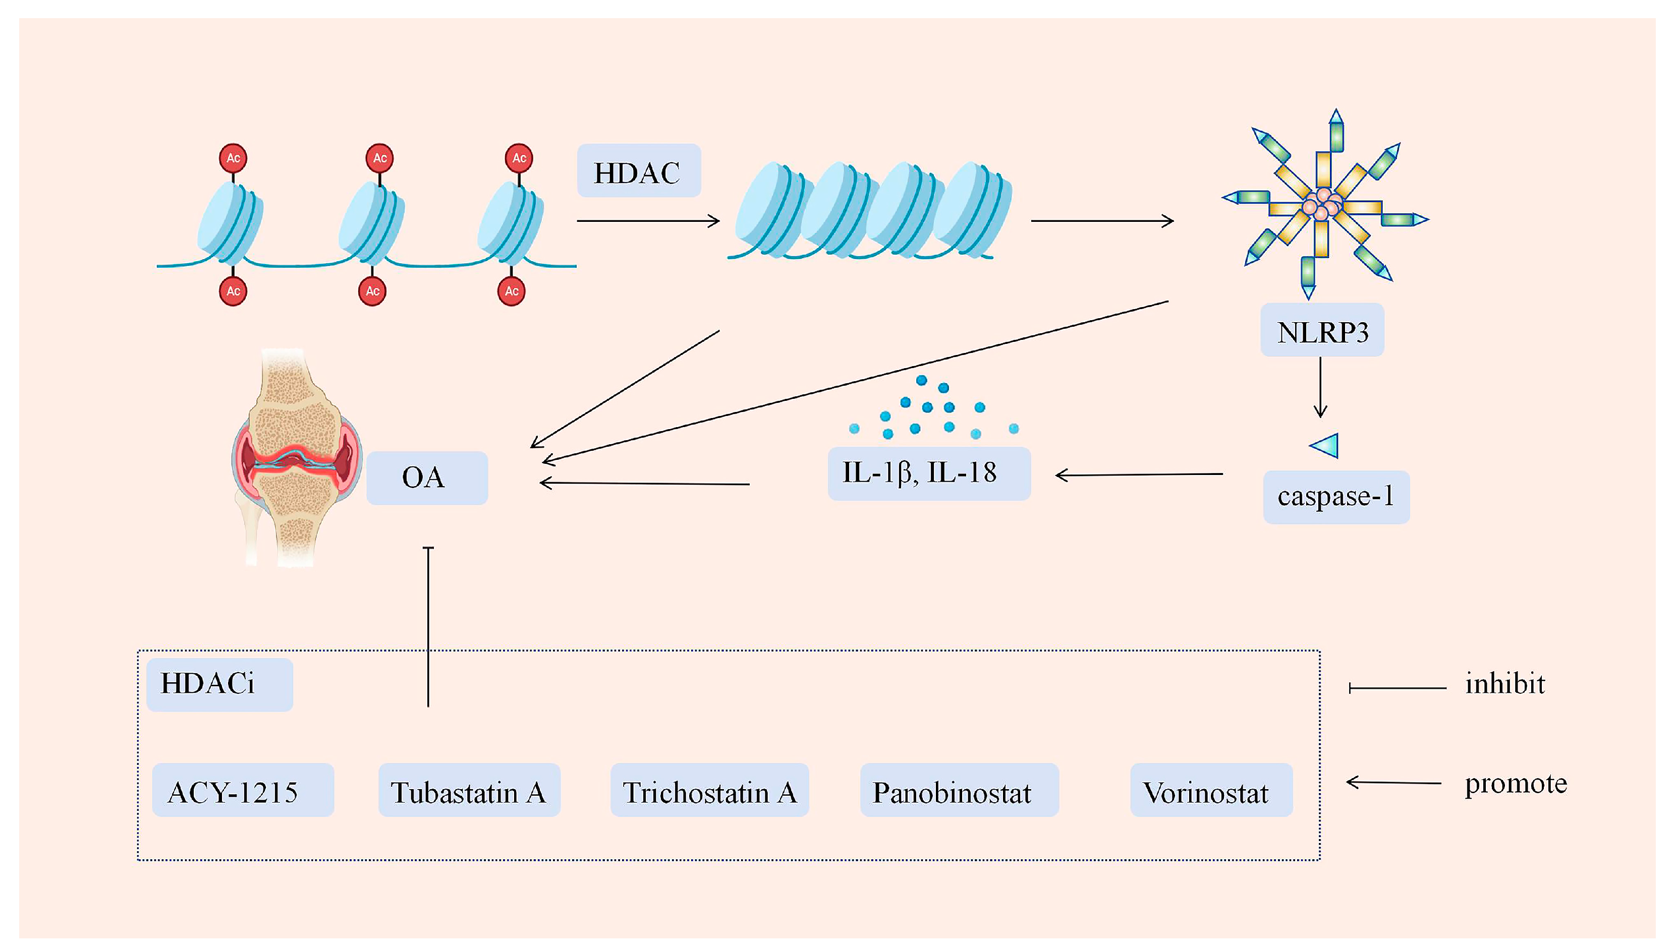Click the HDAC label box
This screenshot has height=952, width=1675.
(x=638, y=170)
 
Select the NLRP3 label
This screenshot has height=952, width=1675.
(x=1322, y=330)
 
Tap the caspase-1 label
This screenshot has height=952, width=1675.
(x=1335, y=497)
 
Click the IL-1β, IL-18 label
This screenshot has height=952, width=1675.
(x=929, y=473)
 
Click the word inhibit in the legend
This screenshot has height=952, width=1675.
(x=1504, y=684)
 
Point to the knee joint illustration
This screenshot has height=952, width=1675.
(x=296, y=458)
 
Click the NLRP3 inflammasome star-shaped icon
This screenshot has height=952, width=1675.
(x=1324, y=204)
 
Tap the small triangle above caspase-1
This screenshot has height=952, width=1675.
(x=1325, y=446)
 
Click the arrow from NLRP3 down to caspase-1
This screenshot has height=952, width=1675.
(x=1320, y=387)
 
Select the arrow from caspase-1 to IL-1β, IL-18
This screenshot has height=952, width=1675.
(x=1139, y=474)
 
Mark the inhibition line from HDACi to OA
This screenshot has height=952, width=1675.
(x=428, y=626)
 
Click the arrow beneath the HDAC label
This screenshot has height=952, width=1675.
(x=648, y=221)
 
